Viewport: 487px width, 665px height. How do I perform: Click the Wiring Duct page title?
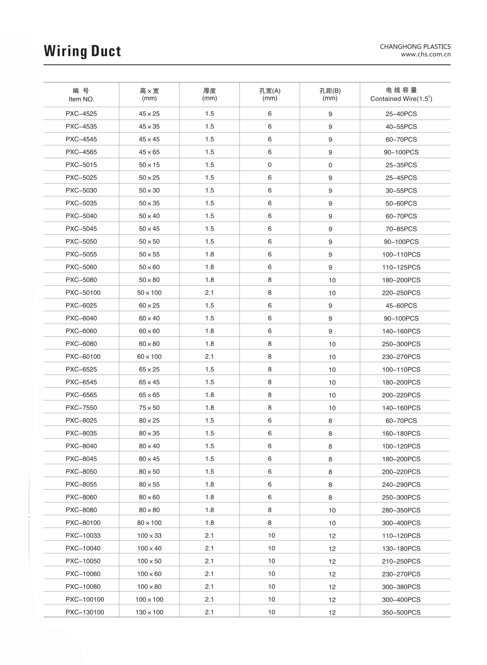(82, 51)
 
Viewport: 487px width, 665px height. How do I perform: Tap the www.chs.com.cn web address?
(425, 54)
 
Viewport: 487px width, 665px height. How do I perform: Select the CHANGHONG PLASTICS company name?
(415, 46)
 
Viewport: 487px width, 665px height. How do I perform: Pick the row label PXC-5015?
(81, 165)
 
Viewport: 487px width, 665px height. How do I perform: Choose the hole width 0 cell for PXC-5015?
(270, 165)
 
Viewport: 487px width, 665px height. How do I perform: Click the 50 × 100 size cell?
(149, 293)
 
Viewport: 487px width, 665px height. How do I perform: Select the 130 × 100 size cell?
(149, 612)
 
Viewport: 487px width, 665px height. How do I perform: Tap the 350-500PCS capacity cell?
(401, 612)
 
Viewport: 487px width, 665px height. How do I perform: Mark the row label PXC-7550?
(81, 408)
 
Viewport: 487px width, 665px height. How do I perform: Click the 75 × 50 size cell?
(149, 408)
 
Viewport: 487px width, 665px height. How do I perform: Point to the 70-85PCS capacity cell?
(401, 229)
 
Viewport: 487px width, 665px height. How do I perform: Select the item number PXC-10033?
(83, 535)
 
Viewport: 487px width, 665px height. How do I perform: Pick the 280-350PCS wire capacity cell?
(401, 510)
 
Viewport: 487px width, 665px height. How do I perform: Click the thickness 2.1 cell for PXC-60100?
(209, 357)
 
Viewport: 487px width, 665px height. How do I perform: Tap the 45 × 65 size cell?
(149, 152)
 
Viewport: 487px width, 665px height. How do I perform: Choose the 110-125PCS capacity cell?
(401, 267)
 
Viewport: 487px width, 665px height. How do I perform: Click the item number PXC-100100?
(85, 599)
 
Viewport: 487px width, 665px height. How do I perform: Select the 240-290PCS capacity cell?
(401, 485)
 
